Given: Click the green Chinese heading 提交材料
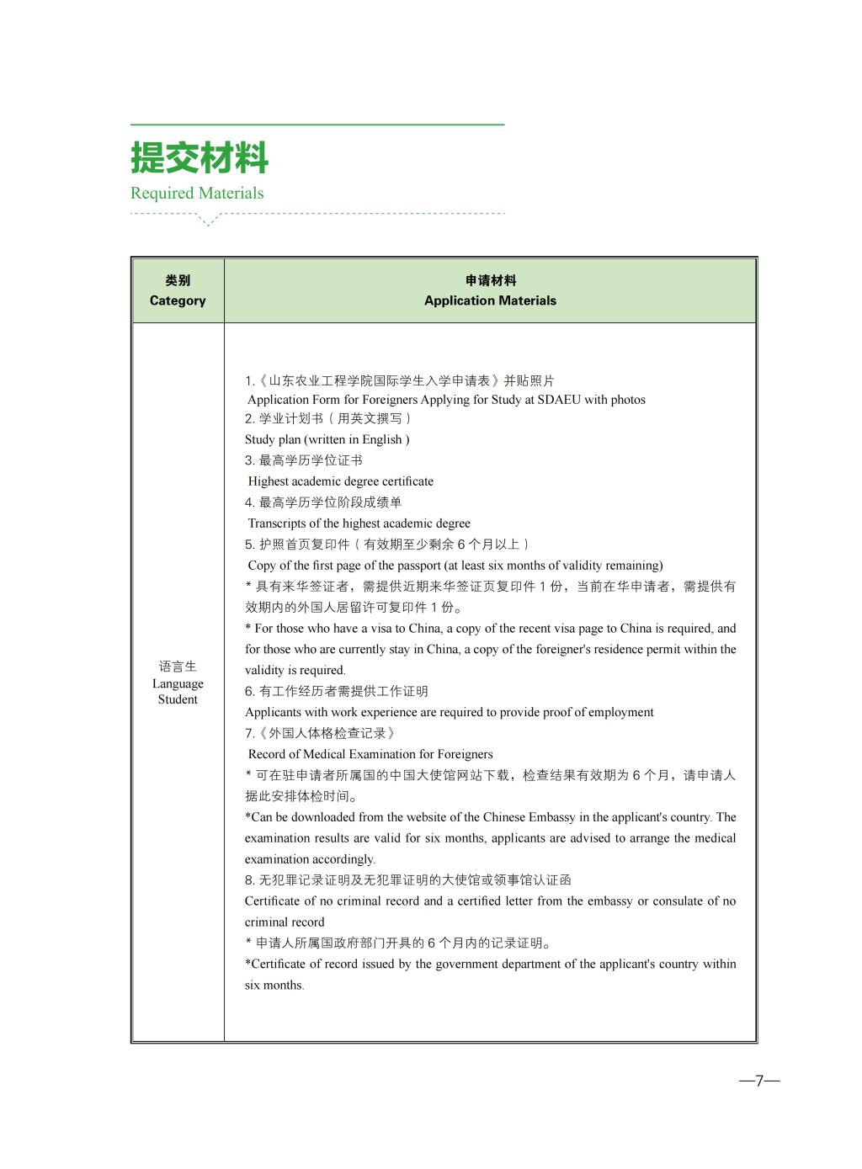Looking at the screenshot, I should tap(200, 158).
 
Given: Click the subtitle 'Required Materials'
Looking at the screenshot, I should tap(197, 193).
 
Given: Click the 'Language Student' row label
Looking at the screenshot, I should tap(178, 683).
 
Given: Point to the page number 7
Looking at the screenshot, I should tap(759, 1081).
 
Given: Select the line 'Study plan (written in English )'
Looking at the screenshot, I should tap(327, 439).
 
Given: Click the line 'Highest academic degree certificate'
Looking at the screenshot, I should tap(341, 481).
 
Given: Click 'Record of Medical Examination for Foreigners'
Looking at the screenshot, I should tap(370, 754).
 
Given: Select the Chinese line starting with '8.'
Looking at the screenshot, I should tap(408, 880).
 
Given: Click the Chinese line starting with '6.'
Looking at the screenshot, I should tap(337, 691).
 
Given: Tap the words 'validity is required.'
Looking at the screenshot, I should tap(295, 670).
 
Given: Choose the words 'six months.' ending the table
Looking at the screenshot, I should tap(274, 986).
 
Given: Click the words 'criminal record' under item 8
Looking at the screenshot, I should tap(285, 922).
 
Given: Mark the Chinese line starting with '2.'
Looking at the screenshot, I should tap(328, 418).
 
